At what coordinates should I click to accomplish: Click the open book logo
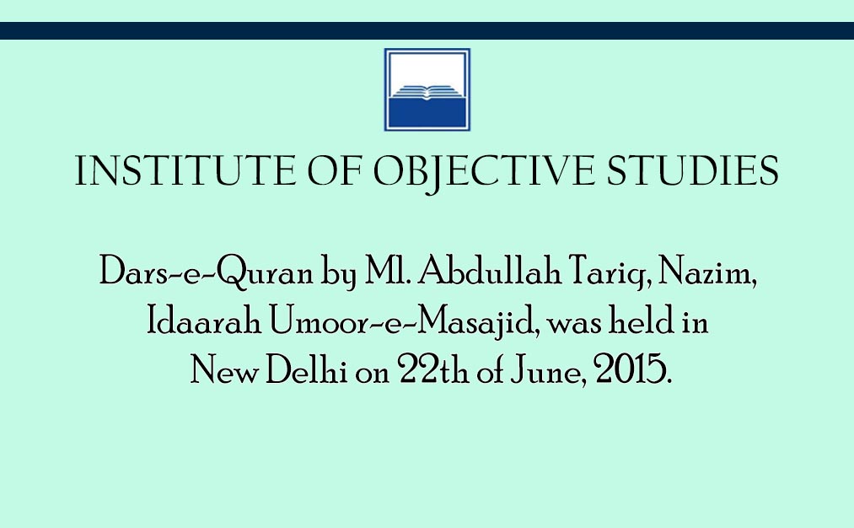point(427,89)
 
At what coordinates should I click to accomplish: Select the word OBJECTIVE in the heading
point(484,172)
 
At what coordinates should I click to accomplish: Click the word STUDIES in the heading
point(693,170)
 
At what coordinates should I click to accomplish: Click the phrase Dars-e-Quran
point(207,272)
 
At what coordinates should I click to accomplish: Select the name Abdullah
point(490,270)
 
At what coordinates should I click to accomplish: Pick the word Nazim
point(707,272)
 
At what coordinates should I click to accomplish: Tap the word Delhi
point(307,369)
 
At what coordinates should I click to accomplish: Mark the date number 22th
point(433,369)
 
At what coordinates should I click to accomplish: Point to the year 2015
point(632,369)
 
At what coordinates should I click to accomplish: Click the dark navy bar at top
point(427,30)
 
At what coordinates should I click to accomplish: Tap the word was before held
point(574,324)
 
